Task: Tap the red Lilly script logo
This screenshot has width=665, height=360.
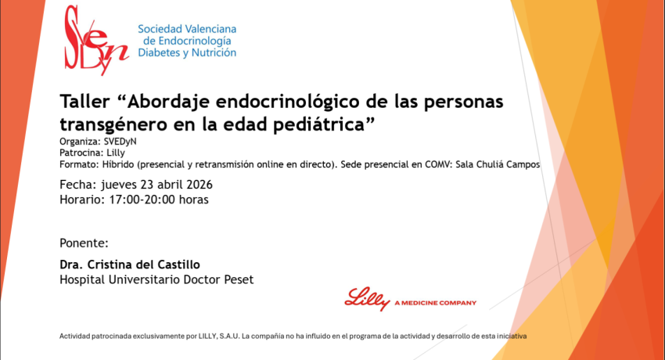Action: pos(368,300)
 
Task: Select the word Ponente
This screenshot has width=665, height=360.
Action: pos(84,242)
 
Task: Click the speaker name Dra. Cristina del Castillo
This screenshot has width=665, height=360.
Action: pos(124,265)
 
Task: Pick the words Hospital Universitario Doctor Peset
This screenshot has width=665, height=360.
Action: pos(156,279)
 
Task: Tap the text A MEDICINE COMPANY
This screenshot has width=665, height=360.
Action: pos(435,302)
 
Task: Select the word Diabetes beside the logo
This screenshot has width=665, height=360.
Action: pos(164,52)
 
